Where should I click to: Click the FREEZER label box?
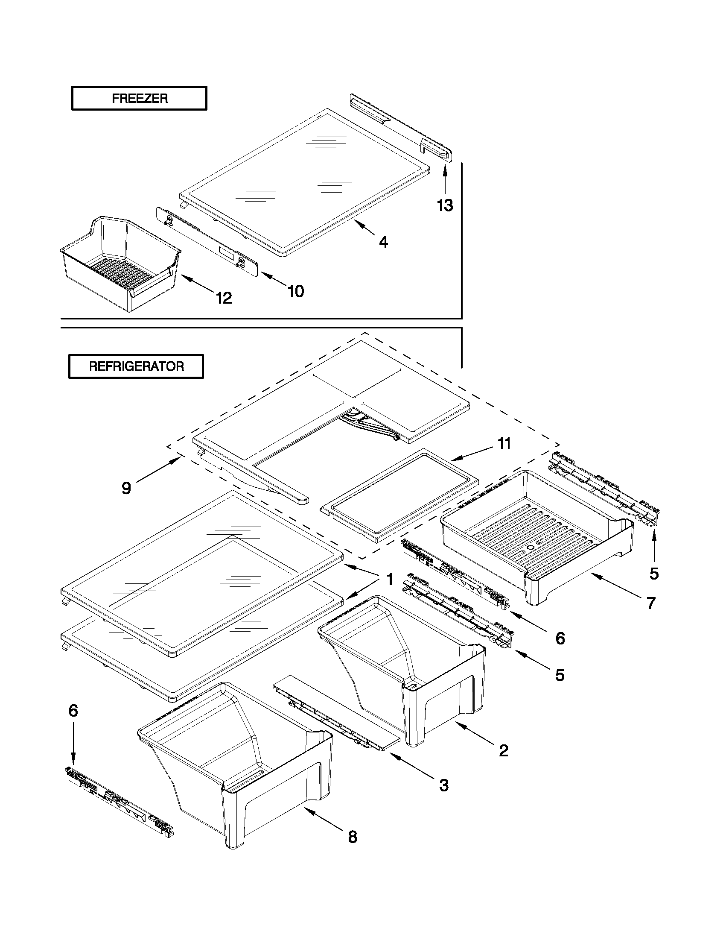coord(139,99)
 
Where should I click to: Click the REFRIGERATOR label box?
coord(136,366)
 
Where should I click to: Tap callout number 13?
coord(445,205)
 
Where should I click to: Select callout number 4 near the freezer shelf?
coord(383,242)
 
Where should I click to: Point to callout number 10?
coord(295,291)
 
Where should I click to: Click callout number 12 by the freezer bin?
coord(224,298)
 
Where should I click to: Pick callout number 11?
coord(504,443)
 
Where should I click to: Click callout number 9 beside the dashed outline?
coord(126,488)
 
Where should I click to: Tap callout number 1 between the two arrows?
coord(390,579)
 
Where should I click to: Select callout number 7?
coord(651,603)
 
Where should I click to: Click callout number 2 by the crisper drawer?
coord(503,751)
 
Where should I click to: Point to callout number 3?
coord(444,785)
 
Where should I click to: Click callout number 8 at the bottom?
coord(352,837)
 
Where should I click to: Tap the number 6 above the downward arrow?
coord(73,711)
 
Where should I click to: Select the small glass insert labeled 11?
coord(400,495)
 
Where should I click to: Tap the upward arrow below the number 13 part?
coord(445,181)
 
